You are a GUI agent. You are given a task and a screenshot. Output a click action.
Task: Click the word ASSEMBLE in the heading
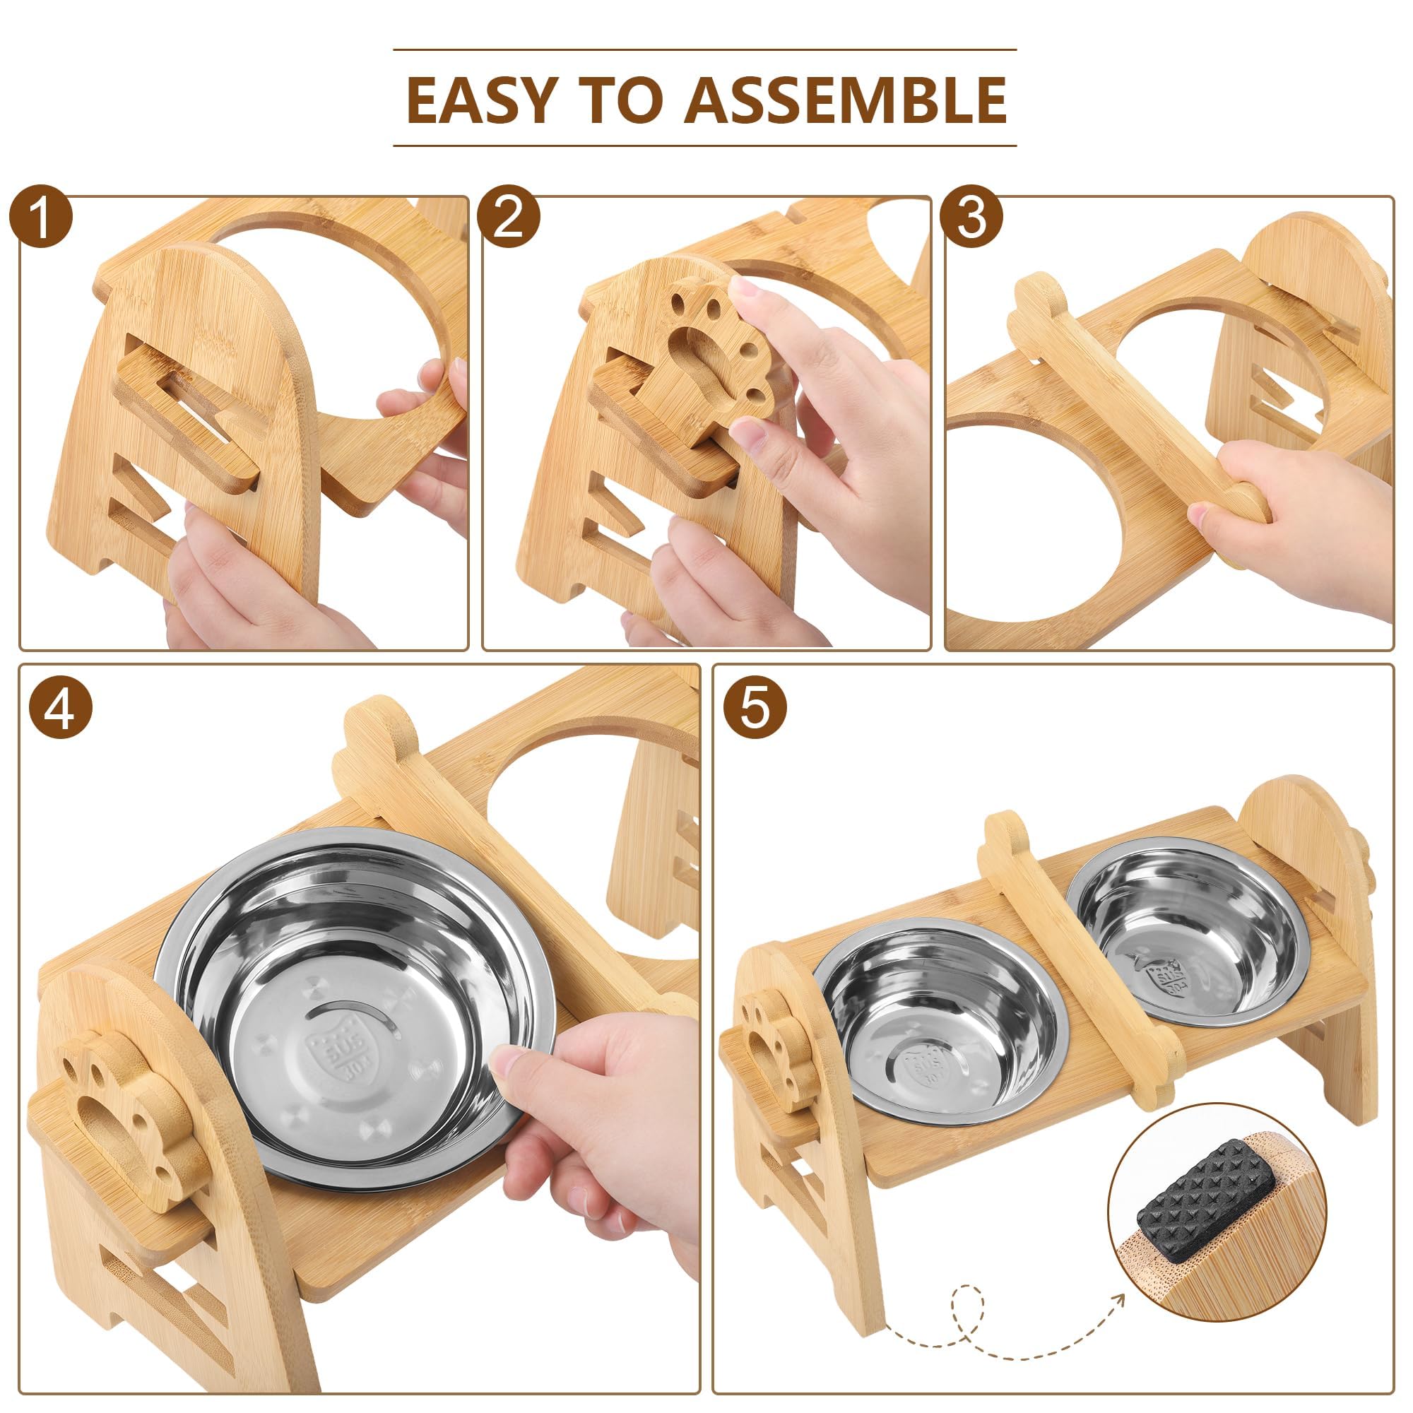point(845,100)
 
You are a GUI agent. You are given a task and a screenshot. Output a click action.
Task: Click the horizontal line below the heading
point(704,146)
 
